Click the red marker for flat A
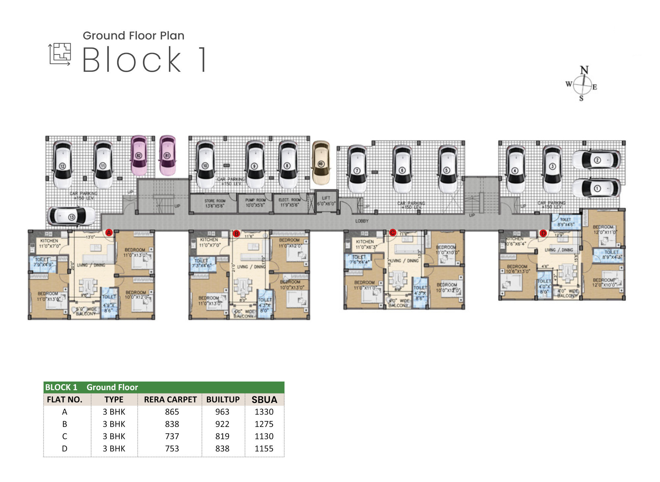[109, 233]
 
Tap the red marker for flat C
[392, 233]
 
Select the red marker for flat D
[543, 233]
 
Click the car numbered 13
[71, 216]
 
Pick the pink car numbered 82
[139, 155]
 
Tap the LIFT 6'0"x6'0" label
[326, 201]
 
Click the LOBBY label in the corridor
[362, 221]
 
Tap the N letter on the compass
[584, 70]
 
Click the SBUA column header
[264, 400]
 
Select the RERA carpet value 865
[172, 412]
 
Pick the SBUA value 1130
[264, 436]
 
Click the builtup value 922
[222, 424]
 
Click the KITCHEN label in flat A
[49, 241]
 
